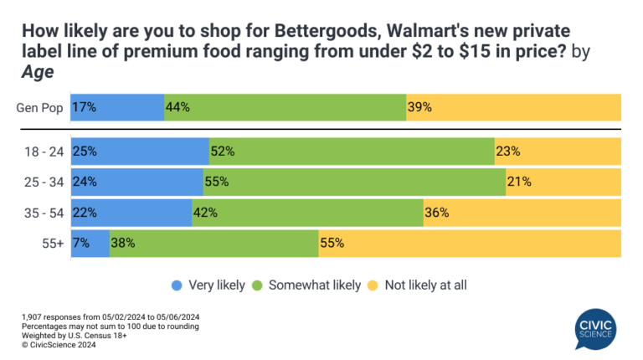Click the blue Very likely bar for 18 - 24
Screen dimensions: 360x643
(140, 152)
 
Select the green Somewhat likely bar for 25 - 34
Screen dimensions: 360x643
(354, 181)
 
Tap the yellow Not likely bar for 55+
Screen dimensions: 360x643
(470, 243)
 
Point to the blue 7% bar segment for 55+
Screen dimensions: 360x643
(90, 243)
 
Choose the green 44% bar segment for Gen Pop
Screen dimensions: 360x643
(285, 107)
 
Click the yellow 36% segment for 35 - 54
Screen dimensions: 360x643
(522, 213)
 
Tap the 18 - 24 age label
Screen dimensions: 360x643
(44, 152)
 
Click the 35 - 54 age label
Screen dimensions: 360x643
(44, 213)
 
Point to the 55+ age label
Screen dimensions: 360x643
(53, 243)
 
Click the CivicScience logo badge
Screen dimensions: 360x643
(595, 328)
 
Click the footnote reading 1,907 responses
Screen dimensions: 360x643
(110, 316)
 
